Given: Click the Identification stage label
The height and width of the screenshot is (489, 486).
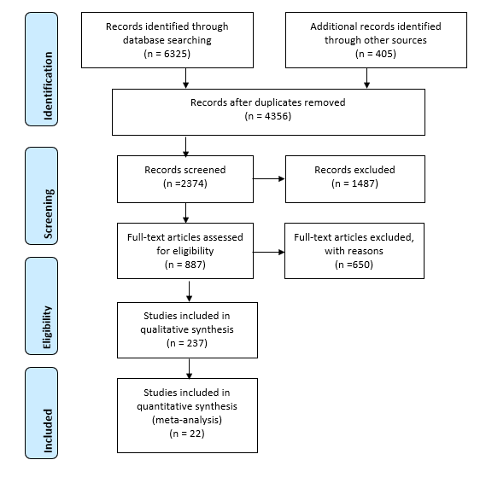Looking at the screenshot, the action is pyautogui.click(x=48, y=85).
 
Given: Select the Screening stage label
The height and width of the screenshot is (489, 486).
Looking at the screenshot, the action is pyautogui.click(x=48, y=213).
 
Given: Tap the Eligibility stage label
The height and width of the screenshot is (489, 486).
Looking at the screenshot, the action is pyautogui.click(x=47, y=327).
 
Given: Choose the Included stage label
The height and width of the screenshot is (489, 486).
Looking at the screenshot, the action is pyautogui.click(x=48, y=431).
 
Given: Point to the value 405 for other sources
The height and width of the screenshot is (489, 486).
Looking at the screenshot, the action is pyautogui.click(x=384, y=54).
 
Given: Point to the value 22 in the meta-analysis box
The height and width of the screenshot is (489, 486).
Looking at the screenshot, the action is pyautogui.click(x=196, y=434).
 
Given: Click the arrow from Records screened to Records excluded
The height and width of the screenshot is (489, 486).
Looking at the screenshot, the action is pyautogui.click(x=268, y=178).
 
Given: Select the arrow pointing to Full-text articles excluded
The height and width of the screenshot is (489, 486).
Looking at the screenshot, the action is pyautogui.click(x=268, y=252).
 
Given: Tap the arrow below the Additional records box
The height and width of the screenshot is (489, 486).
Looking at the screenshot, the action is pyautogui.click(x=366, y=78).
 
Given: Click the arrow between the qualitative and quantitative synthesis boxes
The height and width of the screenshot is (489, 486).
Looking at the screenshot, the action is pyautogui.click(x=189, y=369).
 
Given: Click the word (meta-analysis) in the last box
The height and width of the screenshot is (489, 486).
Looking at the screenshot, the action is pyautogui.click(x=187, y=420).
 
